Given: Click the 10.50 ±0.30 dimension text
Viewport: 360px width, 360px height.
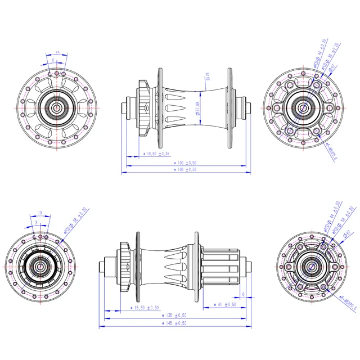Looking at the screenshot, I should (157, 153).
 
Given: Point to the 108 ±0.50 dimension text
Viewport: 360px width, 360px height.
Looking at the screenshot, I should (185, 169).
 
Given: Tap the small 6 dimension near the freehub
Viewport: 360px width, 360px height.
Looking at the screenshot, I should (242, 294).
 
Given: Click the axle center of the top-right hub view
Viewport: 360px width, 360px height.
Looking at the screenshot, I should (302, 107).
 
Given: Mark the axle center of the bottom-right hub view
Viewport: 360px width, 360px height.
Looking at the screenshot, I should (310, 266).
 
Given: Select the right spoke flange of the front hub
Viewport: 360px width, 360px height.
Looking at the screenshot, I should (229, 107).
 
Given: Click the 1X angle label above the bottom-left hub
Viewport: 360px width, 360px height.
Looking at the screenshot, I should (40, 213).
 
